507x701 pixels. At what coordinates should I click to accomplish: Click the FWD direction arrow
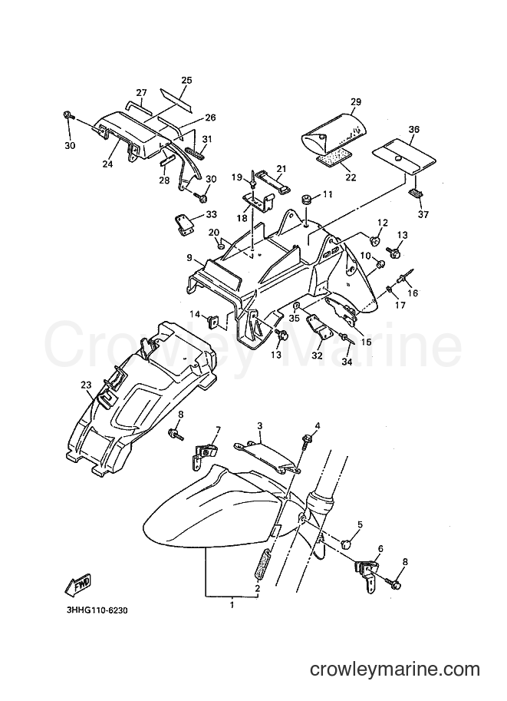(78, 585)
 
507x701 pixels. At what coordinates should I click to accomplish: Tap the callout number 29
(356, 102)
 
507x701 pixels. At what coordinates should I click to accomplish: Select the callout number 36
(413, 129)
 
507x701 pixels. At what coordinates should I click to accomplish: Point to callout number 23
(86, 384)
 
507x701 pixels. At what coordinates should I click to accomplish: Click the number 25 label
(186, 81)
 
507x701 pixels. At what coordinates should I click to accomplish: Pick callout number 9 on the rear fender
(189, 258)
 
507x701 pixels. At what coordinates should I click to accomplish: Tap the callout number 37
(423, 214)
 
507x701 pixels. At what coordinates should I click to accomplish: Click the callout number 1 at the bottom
(232, 605)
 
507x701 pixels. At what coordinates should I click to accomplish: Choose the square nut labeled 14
(213, 321)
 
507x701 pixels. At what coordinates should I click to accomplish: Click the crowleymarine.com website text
(395, 670)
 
